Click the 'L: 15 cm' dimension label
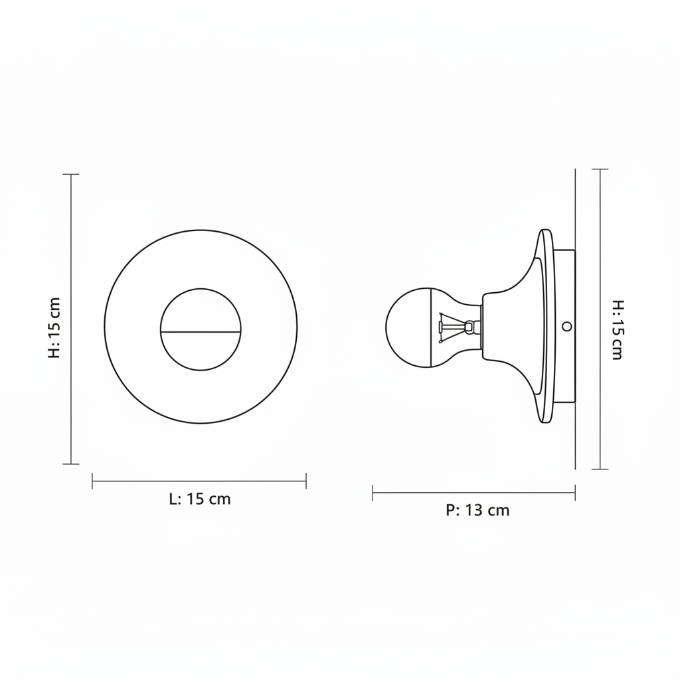[x=199, y=499]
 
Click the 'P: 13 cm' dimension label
[x=477, y=511]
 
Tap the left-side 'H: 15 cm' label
[x=54, y=328]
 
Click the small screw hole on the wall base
[x=566, y=326]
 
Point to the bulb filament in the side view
[x=456, y=327]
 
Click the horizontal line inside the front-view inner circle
[x=201, y=332]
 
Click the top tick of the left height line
[x=71, y=175]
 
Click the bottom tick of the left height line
[x=71, y=464]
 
